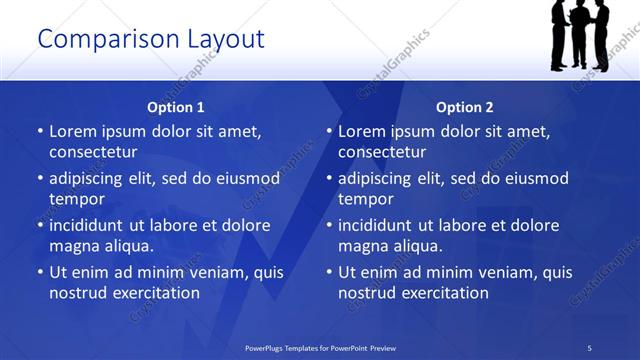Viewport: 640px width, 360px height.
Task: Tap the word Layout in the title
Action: pos(225,40)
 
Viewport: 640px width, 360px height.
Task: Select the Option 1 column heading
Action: pos(176,107)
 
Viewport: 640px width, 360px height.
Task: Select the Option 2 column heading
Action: pos(465,107)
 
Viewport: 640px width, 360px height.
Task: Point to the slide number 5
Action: pos(590,348)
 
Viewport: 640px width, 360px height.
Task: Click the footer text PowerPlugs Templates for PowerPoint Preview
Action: pos(320,348)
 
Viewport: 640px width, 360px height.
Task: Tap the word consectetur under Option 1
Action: pos(93,152)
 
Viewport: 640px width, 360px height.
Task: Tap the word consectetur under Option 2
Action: pos(382,152)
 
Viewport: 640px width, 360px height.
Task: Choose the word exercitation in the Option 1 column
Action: pos(156,293)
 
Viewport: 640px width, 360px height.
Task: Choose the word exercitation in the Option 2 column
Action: pos(445,293)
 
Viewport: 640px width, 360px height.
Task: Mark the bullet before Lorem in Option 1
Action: pos(40,131)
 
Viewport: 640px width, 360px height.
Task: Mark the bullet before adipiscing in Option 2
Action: pos(329,178)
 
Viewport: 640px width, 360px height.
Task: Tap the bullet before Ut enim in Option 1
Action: pos(40,272)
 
